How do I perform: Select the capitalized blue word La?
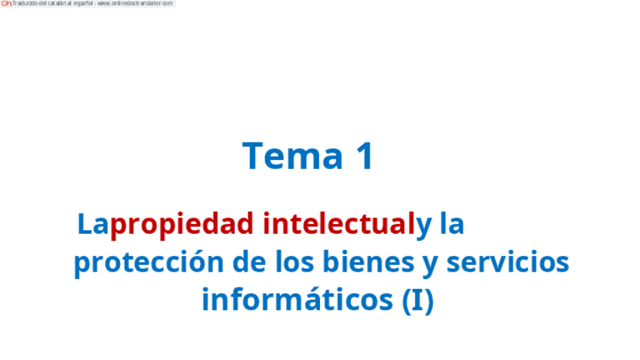93,224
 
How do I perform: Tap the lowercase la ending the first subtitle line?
451,224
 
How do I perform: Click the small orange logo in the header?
6,4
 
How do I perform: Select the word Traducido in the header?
24,4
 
